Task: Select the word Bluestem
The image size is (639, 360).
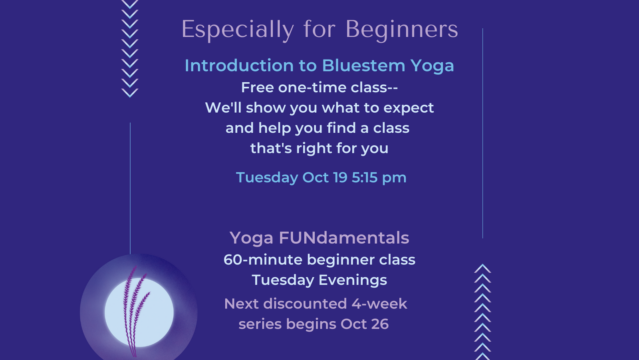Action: [363, 66]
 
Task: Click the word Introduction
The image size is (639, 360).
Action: [239, 66]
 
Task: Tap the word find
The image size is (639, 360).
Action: [341, 127]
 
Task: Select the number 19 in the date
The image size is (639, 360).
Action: [340, 177]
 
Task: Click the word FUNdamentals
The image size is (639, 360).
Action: [344, 238]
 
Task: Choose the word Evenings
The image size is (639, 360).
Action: [353, 280]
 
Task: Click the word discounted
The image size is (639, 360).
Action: [305, 304]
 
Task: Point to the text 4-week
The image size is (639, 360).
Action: [379, 304]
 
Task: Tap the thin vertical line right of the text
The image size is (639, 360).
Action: [483, 133]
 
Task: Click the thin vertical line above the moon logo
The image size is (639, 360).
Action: [130, 189]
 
